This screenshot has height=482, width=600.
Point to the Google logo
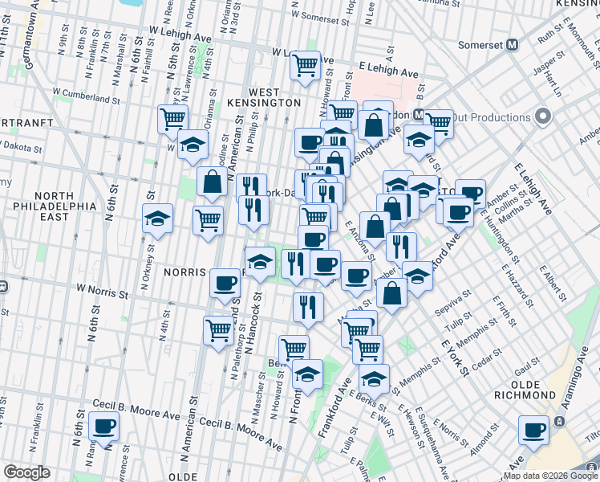[x=26, y=472]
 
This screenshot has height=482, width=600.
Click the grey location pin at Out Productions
[x=542, y=117]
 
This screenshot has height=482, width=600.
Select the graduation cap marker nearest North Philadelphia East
[x=157, y=218]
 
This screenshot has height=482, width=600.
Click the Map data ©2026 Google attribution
[x=551, y=475]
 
